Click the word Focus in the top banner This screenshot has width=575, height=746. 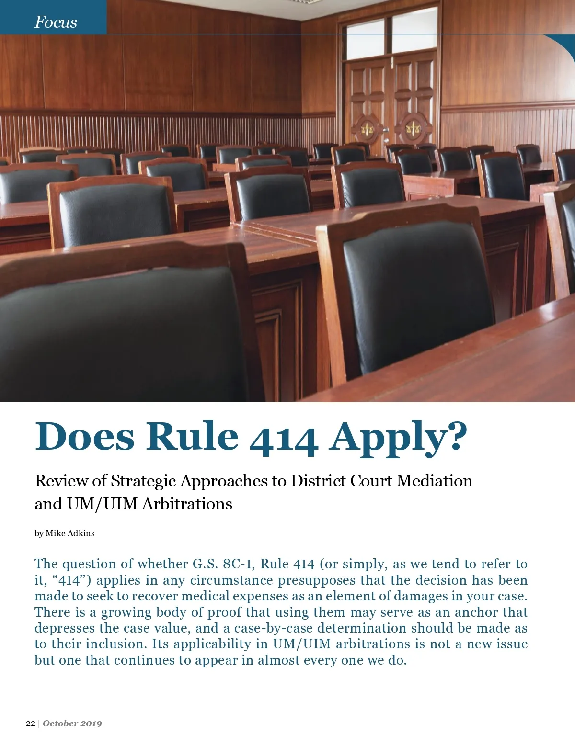[x=56, y=22]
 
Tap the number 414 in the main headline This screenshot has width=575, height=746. [x=284, y=437]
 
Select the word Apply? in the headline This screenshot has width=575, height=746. [x=397, y=437]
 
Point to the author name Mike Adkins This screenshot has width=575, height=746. [x=70, y=533]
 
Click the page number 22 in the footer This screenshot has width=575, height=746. [x=30, y=723]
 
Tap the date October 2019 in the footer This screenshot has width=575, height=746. [x=72, y=723]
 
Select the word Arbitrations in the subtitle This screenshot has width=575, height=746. [x=187, y=504]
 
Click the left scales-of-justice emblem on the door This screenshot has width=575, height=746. [x=368, y=128]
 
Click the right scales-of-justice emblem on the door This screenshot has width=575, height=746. [x=413, y=127]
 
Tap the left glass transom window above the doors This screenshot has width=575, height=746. [x=365, y=40]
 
